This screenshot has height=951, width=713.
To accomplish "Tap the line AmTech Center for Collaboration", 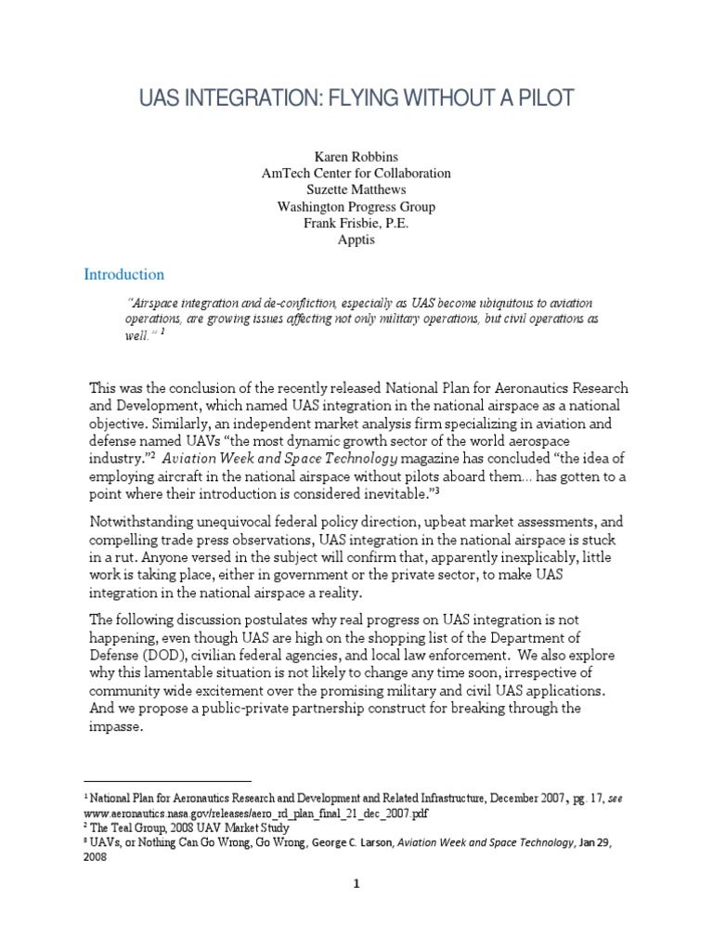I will pyautogui.click(x=356, y=173).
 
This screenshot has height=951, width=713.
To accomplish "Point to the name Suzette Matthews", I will pyautogui.click(x=356, y=189).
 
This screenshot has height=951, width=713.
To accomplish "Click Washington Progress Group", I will pyautogui.click(x=356, y=206).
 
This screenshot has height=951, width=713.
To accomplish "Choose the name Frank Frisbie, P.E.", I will pyautogui.click(x=356, y=224).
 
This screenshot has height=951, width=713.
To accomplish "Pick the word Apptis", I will pyautogui.click(x=356, y=241).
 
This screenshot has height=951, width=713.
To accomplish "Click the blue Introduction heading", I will pyautogui.click(x=124, y=275).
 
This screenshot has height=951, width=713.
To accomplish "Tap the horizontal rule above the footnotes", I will pyautogui.click(x=168, y=781).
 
